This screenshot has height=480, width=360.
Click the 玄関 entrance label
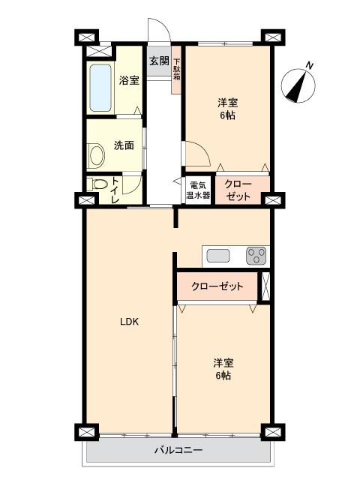[x=158, y=61]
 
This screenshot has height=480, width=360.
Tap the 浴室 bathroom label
[x=129, y=80]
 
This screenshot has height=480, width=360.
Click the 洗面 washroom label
[x=124, y=145]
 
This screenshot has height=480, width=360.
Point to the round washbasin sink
[x=97, y=155]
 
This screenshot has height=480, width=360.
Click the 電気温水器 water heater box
[x=199, y=190]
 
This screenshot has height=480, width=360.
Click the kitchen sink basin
[x=218, y=255]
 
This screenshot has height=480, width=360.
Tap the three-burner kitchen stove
[x=256, y=255]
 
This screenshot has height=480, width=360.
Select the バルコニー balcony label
[x=178, y=450]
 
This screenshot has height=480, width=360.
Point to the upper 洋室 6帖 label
[x=229, y=109]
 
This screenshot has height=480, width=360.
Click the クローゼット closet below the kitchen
[x=217, y=286]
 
